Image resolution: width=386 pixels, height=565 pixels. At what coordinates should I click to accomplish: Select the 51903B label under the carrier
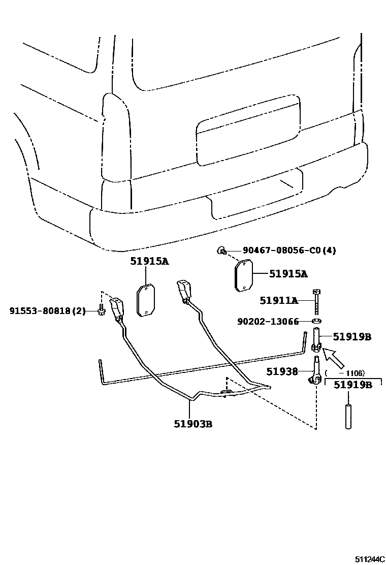coord(193,424)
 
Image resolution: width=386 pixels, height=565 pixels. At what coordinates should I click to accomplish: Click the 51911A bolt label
coord(278,300)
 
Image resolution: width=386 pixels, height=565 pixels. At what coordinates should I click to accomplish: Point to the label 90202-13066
coord(268,321)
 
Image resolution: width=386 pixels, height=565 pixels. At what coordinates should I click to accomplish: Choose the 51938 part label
coord(282,371)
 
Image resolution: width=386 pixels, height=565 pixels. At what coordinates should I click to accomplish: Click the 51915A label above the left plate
coord(148,262)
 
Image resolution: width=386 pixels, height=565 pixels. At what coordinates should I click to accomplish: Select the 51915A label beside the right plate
coord(288,274)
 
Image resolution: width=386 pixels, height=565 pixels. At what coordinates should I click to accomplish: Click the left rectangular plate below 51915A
coord(146,301)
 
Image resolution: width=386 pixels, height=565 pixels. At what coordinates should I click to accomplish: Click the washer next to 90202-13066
coord(316,321)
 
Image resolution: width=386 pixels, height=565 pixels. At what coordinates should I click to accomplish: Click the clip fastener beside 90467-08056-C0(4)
coord(222,249)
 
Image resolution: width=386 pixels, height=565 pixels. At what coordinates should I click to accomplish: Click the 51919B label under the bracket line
coord(352,385)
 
